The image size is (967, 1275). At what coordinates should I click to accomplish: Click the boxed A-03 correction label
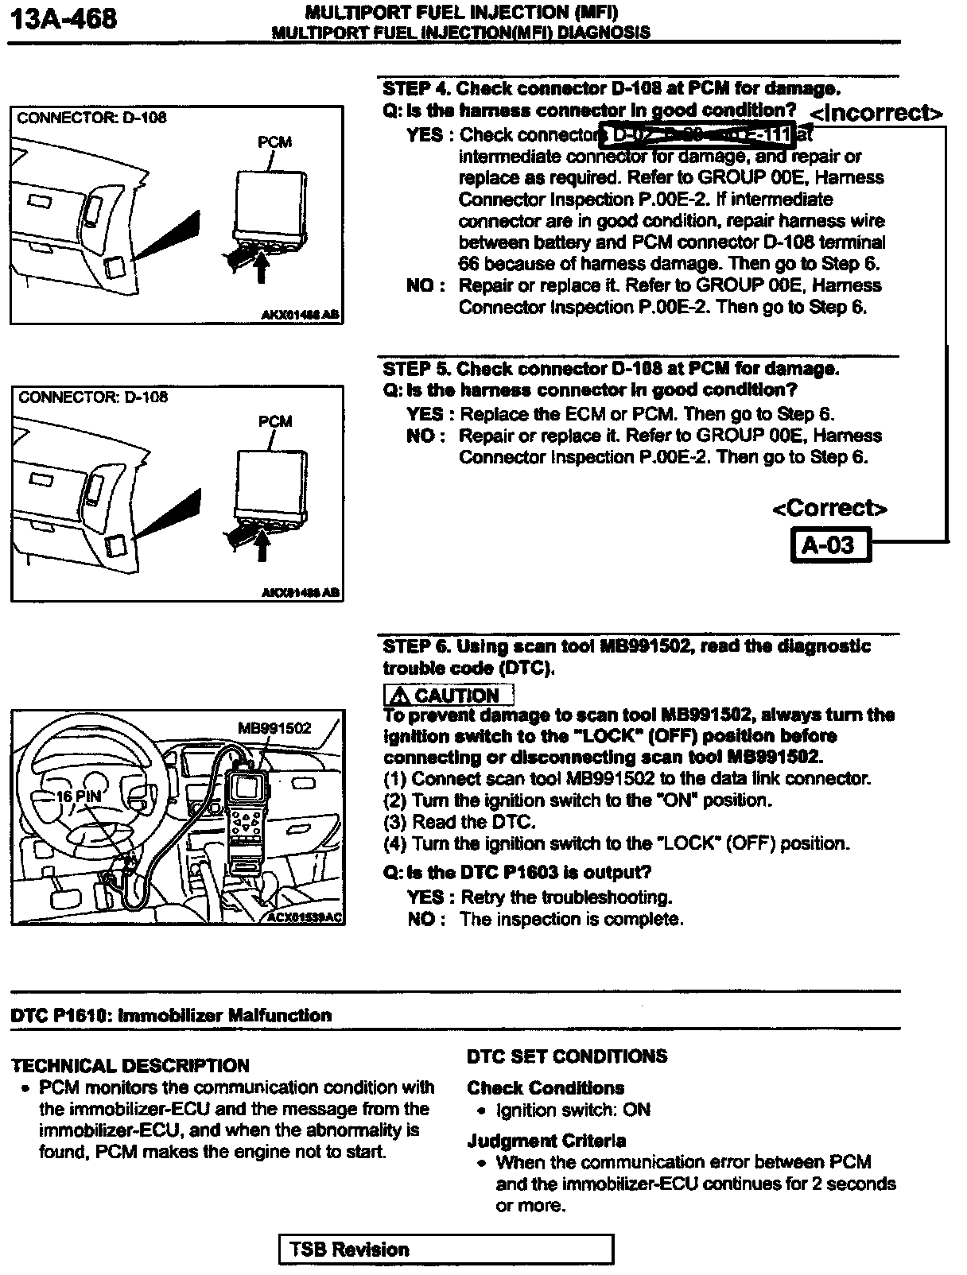coord(829,545)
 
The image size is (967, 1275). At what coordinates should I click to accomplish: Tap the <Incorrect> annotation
coord(876,113)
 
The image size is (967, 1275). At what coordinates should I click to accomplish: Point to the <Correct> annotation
coord(829,508)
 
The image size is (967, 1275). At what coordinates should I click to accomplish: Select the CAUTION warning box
coord(449,695)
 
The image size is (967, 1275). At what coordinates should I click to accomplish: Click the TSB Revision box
coord(446,1249)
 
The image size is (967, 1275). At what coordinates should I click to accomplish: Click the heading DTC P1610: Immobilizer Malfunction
coord(172,1015)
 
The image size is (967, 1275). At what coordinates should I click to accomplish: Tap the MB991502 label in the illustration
coord(274,728)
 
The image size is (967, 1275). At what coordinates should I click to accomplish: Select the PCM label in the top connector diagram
coord(274,142)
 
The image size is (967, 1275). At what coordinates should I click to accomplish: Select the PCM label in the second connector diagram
coord(275,421)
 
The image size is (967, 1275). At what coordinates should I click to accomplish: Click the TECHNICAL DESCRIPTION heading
coord(131,1065)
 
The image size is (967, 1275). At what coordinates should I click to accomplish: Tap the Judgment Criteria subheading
coord(546,1141)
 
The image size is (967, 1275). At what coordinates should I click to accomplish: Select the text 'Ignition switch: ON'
coord(573,1110)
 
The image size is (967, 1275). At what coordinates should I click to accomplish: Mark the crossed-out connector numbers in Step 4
coord(697,135)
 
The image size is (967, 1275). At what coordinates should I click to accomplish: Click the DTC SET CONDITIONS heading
coord(567,1056)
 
